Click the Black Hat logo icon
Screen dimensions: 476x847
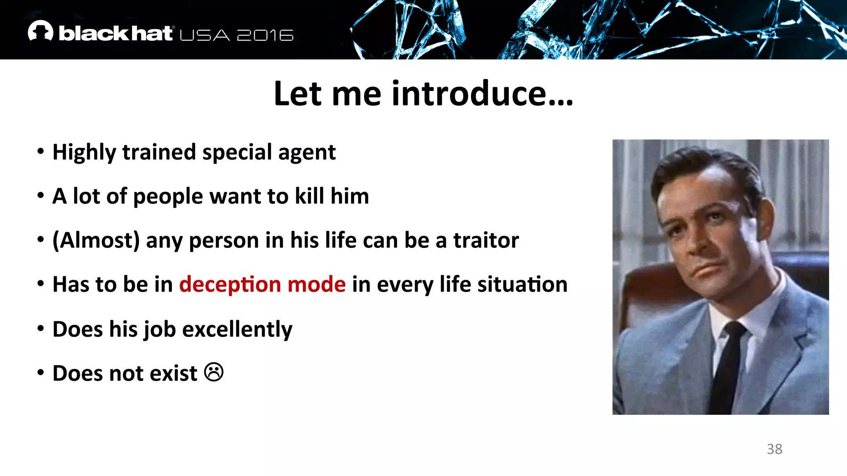coord(41,31)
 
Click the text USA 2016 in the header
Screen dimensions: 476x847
coord(237,36)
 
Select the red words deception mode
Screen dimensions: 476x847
coord(262,285)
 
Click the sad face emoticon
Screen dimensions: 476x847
coord(214,372)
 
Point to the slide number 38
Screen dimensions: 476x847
coord(774,449)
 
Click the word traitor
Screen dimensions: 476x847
coord(486,240)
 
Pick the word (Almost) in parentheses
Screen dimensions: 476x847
coord(96,240)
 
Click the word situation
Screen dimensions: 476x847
coord(522,285)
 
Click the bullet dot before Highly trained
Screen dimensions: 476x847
coord(41,152)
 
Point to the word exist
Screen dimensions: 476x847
coord(173,374)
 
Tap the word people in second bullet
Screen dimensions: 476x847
coord(168,197)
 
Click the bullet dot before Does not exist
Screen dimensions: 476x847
coord(41,373)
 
